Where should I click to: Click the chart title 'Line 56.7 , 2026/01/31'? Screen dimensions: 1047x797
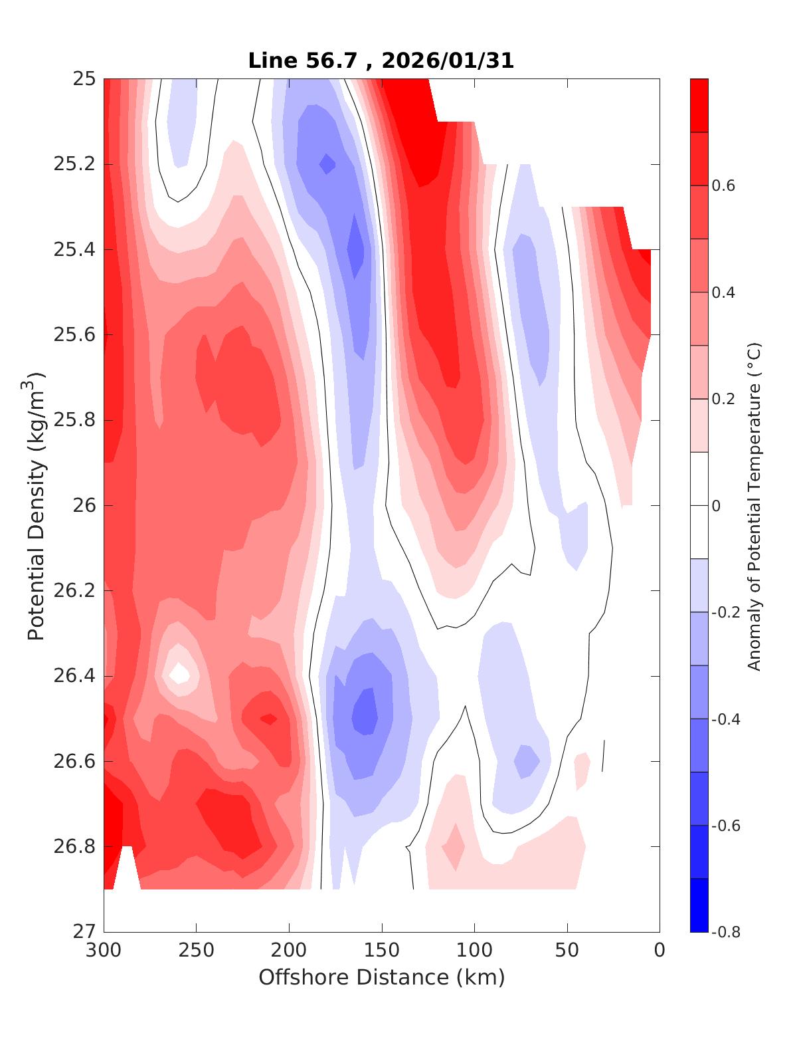pos(381,60)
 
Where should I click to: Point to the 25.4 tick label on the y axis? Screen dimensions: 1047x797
pos(74,250)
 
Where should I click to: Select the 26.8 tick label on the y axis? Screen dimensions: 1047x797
pos(74,847)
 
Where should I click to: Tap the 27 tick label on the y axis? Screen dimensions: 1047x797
pos(84,932)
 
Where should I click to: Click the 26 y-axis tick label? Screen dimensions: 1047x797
pos(84,506)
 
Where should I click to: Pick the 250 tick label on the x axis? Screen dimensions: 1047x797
pos(197,951)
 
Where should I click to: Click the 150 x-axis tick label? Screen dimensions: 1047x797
pos(382,951)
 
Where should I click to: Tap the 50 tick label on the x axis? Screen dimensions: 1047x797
pos(567,951)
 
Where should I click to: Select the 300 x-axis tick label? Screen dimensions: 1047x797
pos(104,951)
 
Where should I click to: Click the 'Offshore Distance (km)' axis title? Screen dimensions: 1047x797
pos(381,977)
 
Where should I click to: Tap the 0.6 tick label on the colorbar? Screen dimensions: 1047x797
pos(723,185)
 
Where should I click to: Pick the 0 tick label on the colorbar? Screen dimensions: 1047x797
pos(716,506)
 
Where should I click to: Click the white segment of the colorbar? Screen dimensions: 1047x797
pos(699,505)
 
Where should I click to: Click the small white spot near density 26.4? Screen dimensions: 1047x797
pos(179,673)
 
